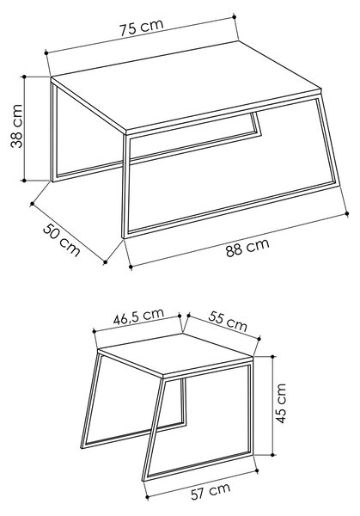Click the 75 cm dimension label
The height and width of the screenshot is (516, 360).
tap(141, 27)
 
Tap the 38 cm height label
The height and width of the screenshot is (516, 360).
tap(16, 126)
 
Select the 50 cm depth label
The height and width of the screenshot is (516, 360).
tap(62, 240)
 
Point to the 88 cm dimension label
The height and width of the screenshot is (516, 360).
tap(247, 247)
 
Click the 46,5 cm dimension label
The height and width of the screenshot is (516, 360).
tap(138, 316)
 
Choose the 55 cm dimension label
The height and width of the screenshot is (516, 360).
tap(228, 321)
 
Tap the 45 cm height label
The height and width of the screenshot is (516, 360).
tap(281, 403)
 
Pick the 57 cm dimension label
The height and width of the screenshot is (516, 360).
tap(211, 492)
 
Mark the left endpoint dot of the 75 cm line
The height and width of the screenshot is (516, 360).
tap(46, 52)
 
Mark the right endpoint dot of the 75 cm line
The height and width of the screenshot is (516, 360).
tap(234, 16)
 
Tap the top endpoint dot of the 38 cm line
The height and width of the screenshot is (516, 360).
tap(24, 77)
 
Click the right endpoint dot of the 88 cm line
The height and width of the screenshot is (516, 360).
tap(347, 213)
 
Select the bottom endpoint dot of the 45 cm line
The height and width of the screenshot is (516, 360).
tap(272, 455)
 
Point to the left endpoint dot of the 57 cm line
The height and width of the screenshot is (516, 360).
tap(147, 497)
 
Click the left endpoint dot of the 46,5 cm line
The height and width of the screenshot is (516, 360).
tap(94, 331)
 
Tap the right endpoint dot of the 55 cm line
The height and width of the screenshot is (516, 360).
tap(259, 339)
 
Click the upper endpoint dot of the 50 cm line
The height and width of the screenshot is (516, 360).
tap(32, 204)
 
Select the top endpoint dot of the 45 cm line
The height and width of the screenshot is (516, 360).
tap(272, 356)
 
